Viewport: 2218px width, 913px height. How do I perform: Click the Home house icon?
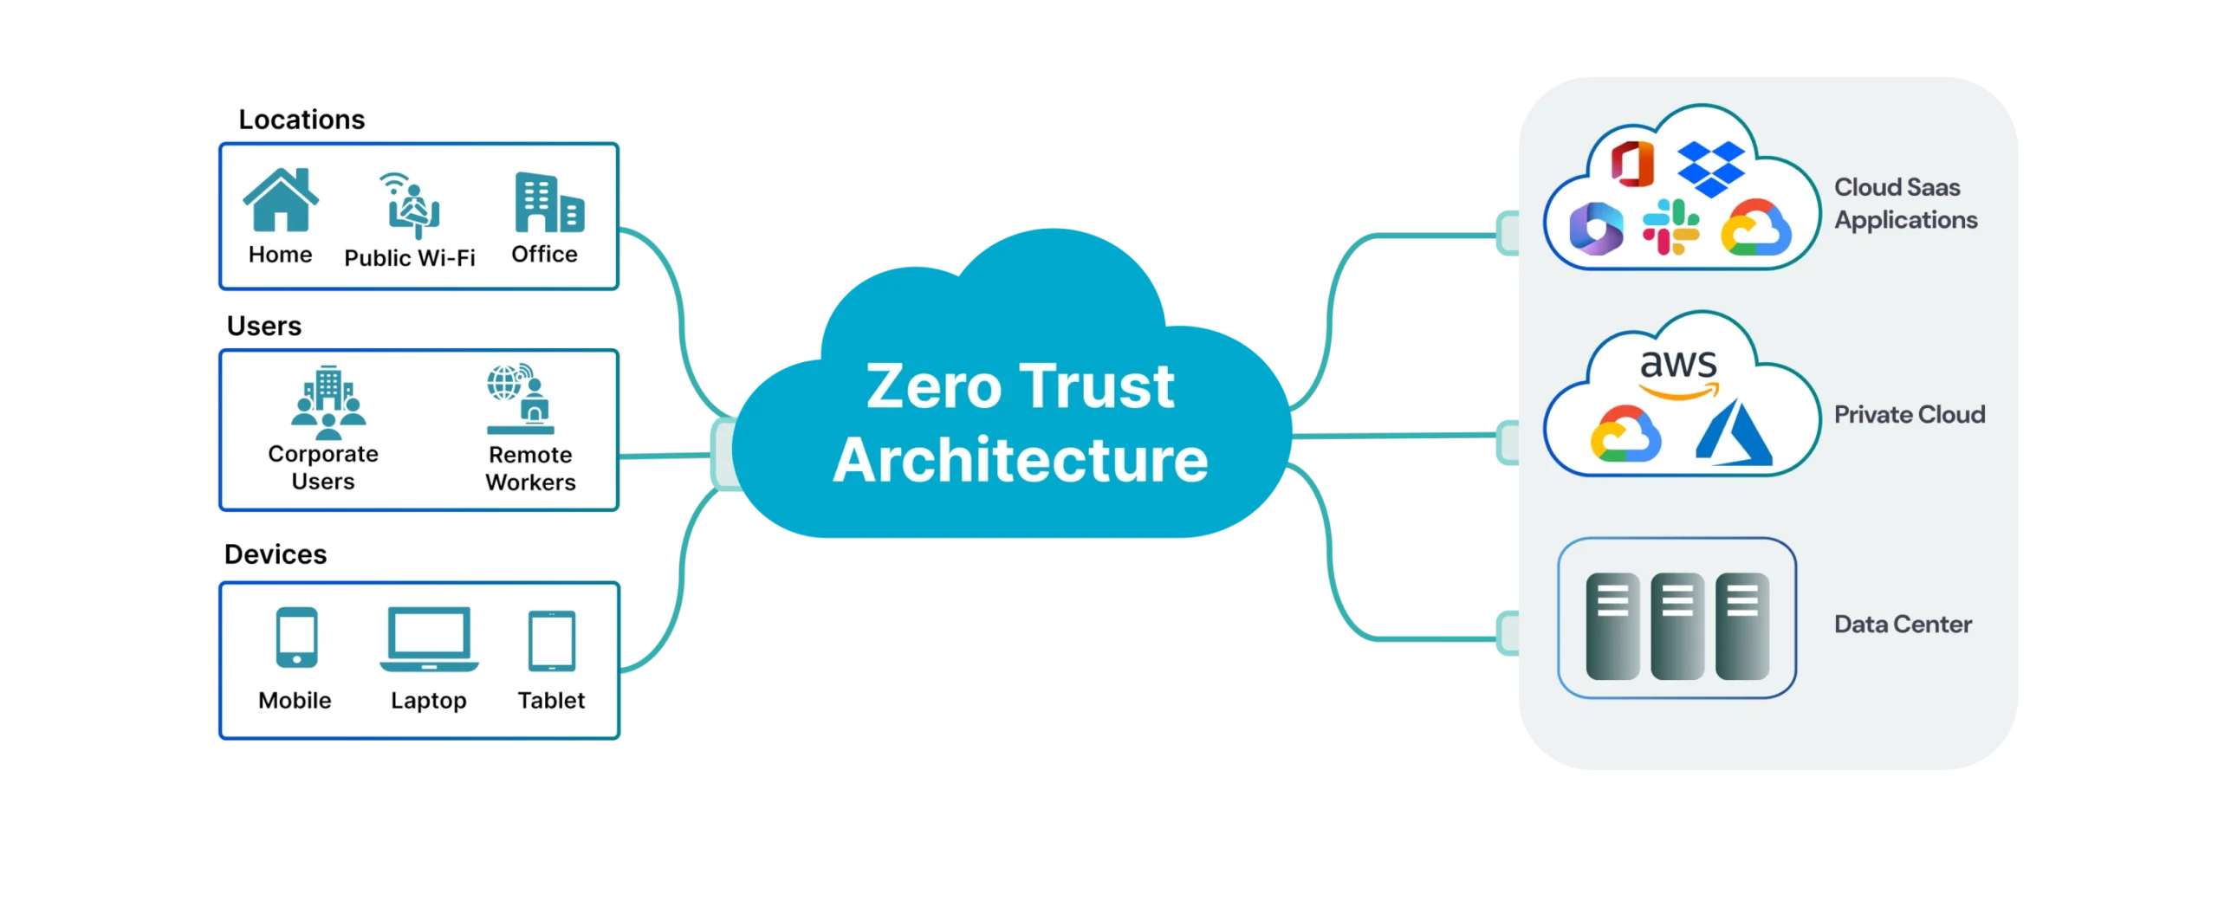click(281, 199)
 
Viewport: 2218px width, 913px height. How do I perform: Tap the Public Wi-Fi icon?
click(409, 204)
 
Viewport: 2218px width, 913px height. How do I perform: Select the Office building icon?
click(549, 202)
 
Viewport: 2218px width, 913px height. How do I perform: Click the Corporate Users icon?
click(328, 402)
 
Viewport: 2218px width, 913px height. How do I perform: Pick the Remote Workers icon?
click(521, 398)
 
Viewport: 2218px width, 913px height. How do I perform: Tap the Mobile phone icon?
click(296, 638)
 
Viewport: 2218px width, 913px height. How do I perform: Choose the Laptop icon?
click(429, 639)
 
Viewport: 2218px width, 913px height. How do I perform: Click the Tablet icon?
click(552, 640)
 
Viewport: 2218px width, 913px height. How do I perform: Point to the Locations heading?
click(302, 119)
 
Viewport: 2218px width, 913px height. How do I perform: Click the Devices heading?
click(276, 554)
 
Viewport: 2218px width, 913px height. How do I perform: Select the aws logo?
click(1678, 372)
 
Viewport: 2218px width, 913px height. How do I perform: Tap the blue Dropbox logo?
click(1711, 169)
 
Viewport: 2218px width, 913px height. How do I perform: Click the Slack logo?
click(1670, 227)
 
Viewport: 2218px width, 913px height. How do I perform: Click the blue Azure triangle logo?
click(1733, 432)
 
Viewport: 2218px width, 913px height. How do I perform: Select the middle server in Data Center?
click(1677, 625)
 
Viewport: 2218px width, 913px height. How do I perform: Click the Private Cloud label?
click(1909, 414)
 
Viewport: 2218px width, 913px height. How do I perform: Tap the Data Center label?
click(1903, 624)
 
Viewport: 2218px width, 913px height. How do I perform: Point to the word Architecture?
click(1021, 459)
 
